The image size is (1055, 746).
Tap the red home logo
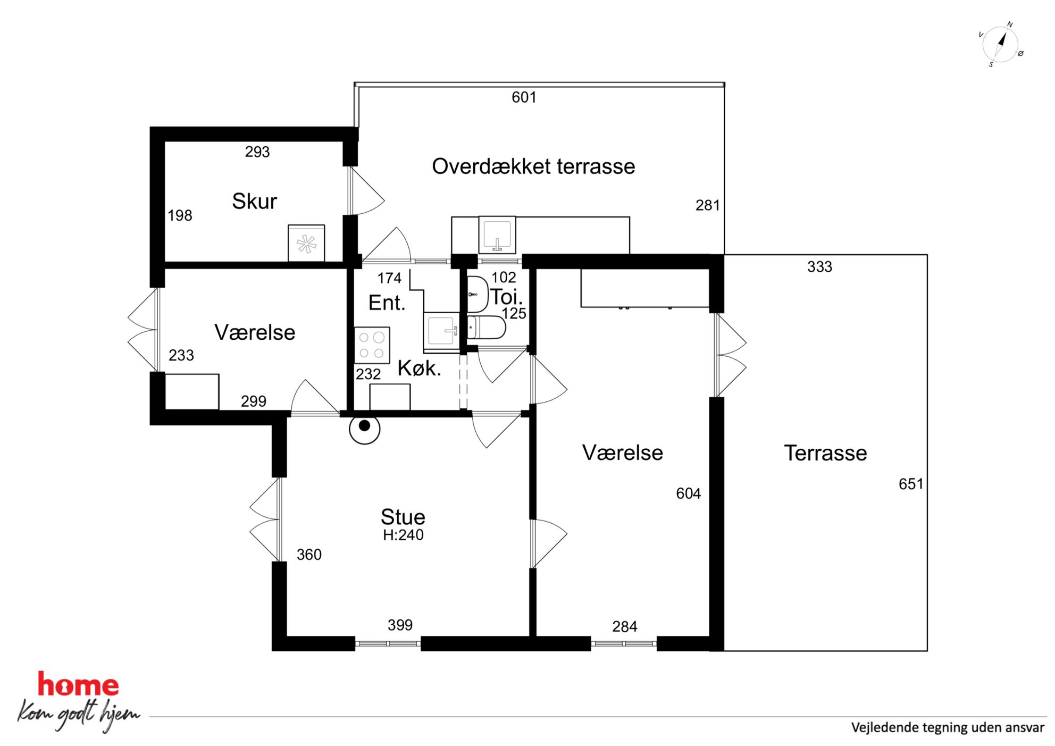pos(78,685)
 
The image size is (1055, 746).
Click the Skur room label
pos(254,201)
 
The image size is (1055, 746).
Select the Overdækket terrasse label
pos(533,166)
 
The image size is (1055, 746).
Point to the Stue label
pos(403,517)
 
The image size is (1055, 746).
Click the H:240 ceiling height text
pos(403,535)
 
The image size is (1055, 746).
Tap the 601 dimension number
pos(524,97)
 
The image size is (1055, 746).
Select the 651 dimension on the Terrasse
pos(911,484)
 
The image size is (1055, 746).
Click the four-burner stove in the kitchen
pos(372,345)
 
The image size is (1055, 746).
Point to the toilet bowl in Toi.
pos(486,328)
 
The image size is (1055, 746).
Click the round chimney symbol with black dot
pos(365,429)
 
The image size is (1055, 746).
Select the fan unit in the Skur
pos(306,243)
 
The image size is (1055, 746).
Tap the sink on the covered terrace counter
pos(497,235)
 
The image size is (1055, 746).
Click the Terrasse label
pos(825,453)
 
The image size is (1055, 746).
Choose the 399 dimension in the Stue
pos(400,625)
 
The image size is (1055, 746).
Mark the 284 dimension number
pos(625,626)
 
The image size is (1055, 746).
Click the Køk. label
pos(420,368)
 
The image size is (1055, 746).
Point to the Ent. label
pos(387,303)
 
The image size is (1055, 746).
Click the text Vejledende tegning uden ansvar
pos(948,727)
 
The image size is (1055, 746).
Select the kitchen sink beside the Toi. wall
pos(441,331)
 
